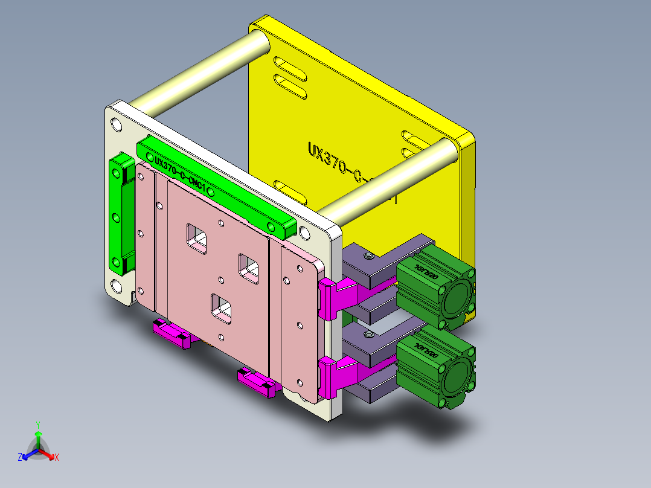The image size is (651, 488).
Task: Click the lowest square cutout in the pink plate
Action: pos(221,306)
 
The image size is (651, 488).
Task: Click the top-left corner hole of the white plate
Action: pos(115,125)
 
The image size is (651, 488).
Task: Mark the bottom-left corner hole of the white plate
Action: pos(115,286)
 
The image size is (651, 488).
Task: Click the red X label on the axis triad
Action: pos(57,457)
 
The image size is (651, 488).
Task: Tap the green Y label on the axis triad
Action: pos(37,425)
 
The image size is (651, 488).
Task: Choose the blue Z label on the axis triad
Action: pos(20,457)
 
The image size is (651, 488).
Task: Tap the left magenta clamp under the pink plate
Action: pos(172,333)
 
